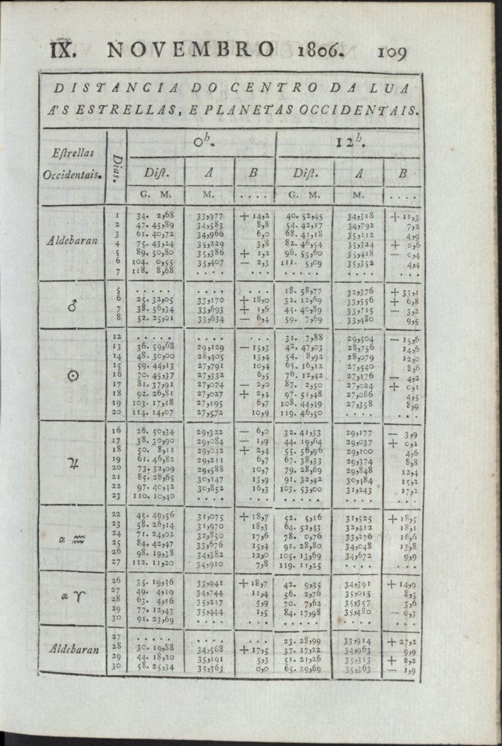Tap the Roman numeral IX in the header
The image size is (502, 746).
pyautogui.click(x=66, y=50)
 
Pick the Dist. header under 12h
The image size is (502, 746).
pyautogui.click(x=304, y=174)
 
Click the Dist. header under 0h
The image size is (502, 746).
pyautogui.click(x=155, y=174)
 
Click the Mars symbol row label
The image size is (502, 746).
pyautogui.click(x=73, y=305)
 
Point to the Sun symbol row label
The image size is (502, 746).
pyautogui.click(x=72, y=376)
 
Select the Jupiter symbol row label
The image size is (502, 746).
pyautogui.click(x=72, y=464)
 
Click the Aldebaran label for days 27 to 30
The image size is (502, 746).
pyautogui.click(x=72, y=649)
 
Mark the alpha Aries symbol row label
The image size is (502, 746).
pyautogui.click(x=72, y=599)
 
